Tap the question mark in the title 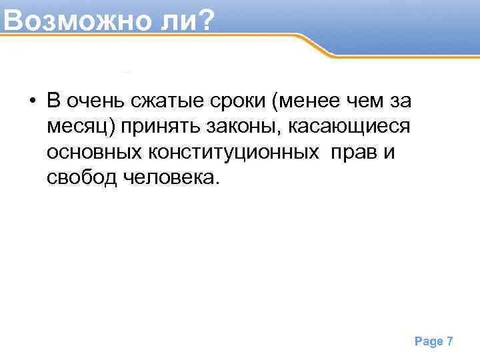tap(205, 20)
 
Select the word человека tap(170, 177)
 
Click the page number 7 tap(450, 341)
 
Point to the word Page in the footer tap(429, 341)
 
